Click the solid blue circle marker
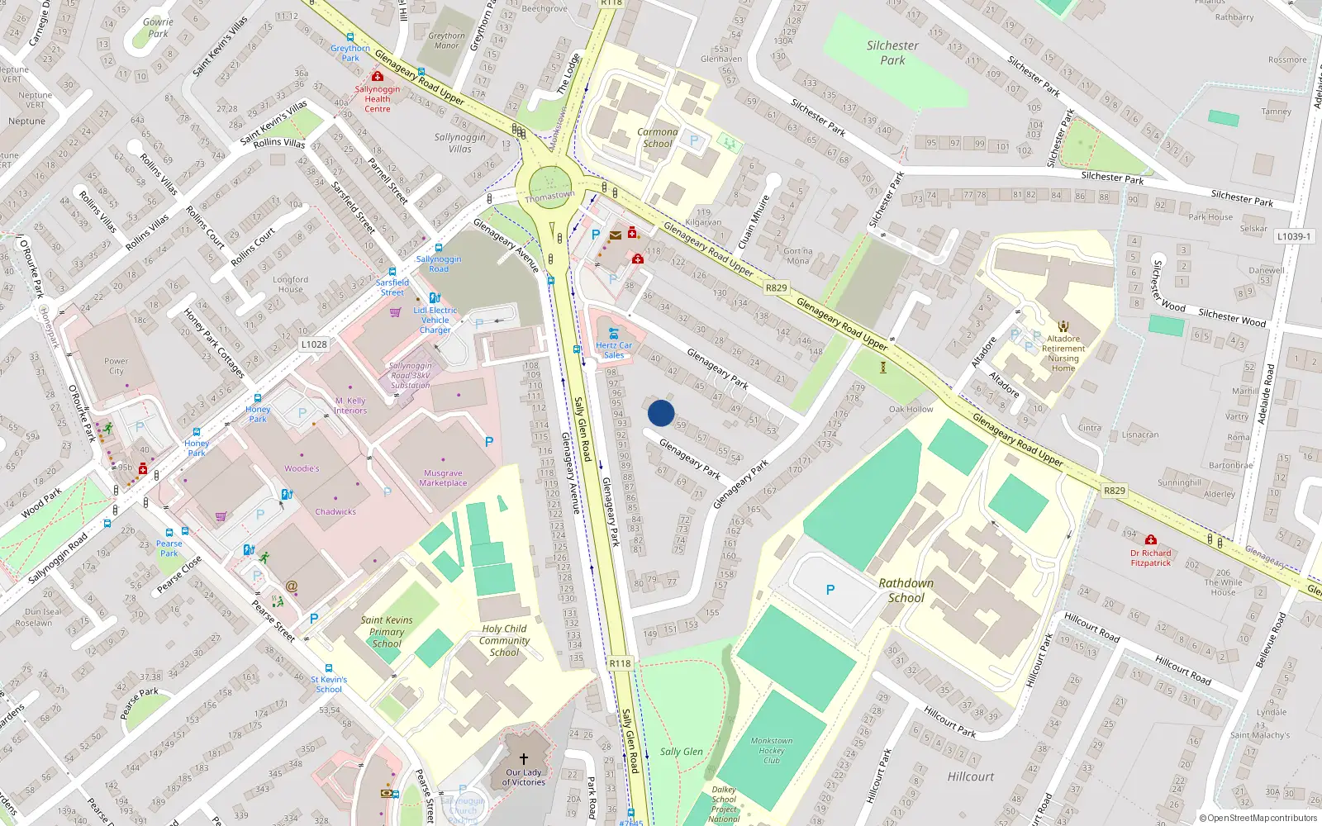pos(661,413)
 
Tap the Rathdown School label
pos(906,590)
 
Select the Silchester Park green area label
pos(892,53)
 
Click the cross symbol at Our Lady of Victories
pos(523,758)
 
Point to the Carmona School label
pos(658,137)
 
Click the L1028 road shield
pos(314,344)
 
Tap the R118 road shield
pos(620,663)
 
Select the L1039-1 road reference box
pos(1293,236)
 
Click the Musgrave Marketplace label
pos(443,478)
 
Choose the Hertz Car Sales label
pos(614,350)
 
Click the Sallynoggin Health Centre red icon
pos(378,77)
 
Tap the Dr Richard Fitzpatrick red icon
pos(1150,540)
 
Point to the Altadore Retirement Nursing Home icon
pos(1063,327)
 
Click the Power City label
pos(117,366)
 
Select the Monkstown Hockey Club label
pos(771,750)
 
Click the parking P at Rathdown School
pos(830,590)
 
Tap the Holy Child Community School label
pos(504,640)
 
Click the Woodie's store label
pos(302,468)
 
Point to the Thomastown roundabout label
pos(549,197)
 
